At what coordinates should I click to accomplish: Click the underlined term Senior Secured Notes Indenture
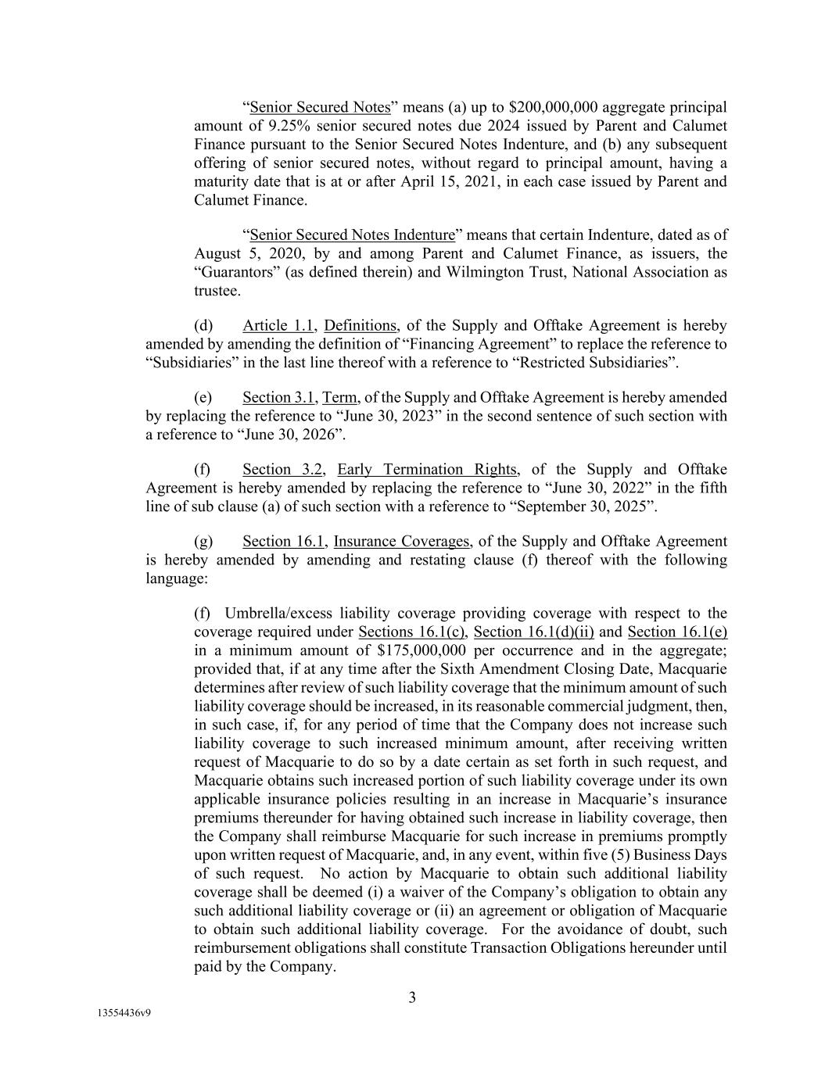[352, 235]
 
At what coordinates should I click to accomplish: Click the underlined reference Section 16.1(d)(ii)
[534, 632]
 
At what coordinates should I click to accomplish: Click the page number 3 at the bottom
[412, 997]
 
